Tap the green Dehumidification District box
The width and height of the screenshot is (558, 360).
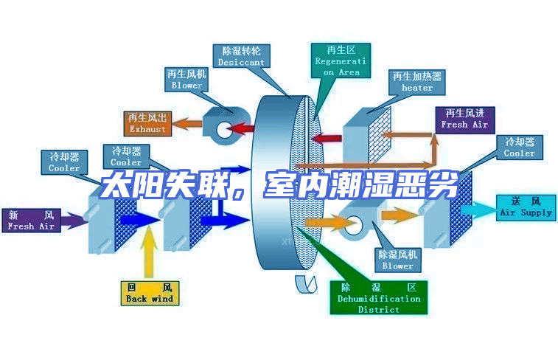378,297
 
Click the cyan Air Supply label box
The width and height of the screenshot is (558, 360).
526,207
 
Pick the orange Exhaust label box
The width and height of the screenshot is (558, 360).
147,123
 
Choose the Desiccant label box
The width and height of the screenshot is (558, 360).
241,57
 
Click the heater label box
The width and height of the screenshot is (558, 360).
416,82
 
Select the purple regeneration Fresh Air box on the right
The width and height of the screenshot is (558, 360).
464,119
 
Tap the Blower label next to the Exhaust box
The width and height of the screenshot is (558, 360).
186,80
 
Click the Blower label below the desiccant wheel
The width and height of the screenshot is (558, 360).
397,260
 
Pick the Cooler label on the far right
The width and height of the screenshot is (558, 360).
519,148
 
